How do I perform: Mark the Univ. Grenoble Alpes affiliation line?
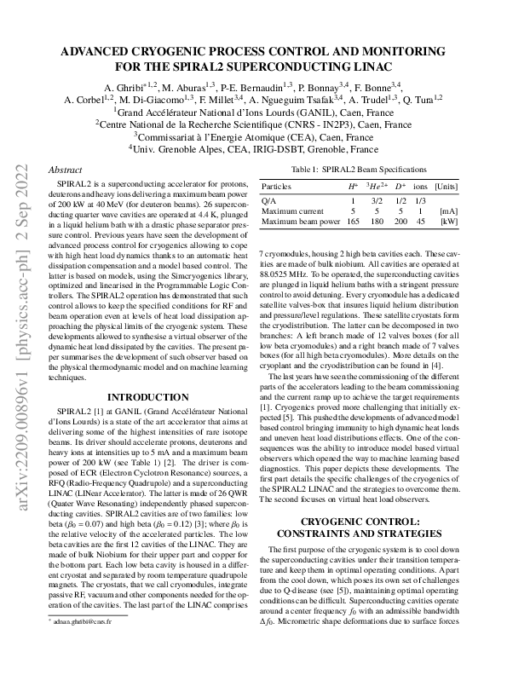254,147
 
